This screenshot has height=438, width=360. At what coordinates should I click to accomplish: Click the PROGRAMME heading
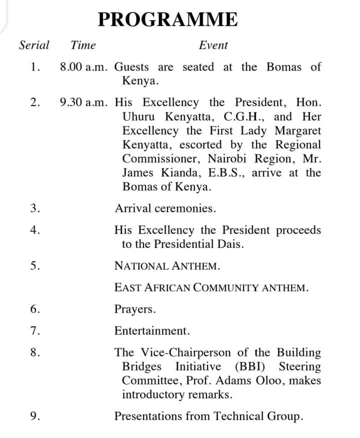pyautogui.click(x=168, y=19)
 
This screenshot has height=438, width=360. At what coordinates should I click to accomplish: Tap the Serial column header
pyautogui.click(x=34, y=45)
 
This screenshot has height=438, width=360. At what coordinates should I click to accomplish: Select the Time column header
pyautogui.click(x=83, y=45)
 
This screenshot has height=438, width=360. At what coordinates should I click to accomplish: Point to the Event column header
pyautogui.click(x=213, y=45)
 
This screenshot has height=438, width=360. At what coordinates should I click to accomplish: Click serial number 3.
pyautogui.click(x=34, y=208)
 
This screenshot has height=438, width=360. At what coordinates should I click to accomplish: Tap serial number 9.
pyautogui.click(x=34, y=416)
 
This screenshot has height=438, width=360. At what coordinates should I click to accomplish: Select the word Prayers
pyautogui.click(x=134, y=309)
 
